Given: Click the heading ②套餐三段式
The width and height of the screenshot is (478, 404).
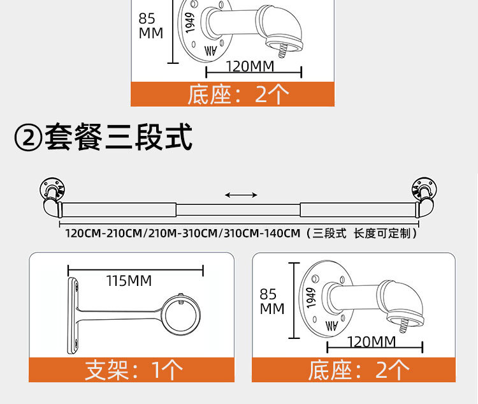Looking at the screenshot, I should [103, 137].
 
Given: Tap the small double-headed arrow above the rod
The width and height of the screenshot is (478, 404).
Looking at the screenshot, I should [241, 195].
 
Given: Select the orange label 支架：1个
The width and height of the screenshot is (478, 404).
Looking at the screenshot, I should [131, 370].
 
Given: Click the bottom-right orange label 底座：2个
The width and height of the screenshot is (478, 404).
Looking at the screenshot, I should [354, 370].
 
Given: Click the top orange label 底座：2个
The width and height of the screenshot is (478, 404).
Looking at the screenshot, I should [233, 94].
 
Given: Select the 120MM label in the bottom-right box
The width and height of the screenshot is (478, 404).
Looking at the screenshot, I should [372, 341].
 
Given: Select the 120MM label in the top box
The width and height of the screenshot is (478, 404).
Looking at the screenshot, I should [250, 66].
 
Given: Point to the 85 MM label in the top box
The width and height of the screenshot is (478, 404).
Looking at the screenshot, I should [151, 26].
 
